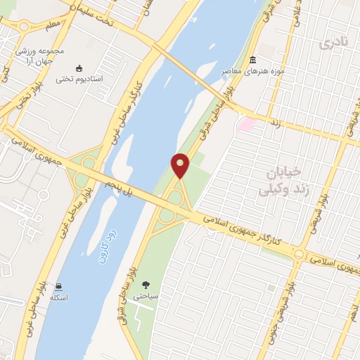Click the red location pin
pos(181,165)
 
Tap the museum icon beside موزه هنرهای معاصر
pos(252,60)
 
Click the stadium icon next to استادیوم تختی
pos(79,68)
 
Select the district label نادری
pos(333,44)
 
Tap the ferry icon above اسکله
pos(59,286)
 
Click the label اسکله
pos(59,298)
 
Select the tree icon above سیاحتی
pos(146,285)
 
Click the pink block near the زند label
pos(245,125)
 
